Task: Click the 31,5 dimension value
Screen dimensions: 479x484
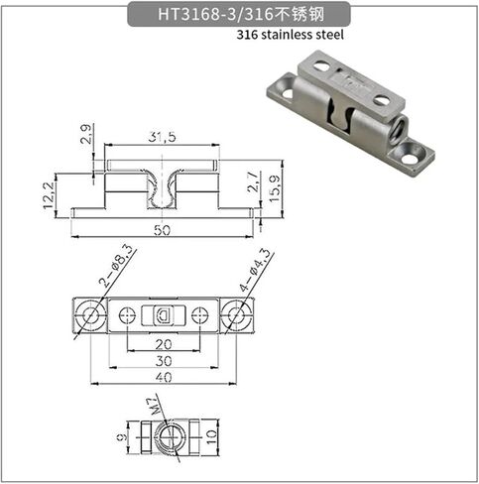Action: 162,137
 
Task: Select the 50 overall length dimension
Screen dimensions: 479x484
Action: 163,230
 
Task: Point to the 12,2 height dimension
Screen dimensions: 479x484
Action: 49,195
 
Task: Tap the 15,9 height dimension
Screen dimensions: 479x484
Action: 275,188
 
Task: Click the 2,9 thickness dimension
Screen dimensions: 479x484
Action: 85,134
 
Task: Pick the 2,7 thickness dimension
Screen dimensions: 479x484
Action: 253,182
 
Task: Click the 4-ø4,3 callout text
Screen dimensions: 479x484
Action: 255,270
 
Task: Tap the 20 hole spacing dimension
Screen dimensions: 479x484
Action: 164,344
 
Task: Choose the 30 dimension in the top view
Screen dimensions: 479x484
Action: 164,361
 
